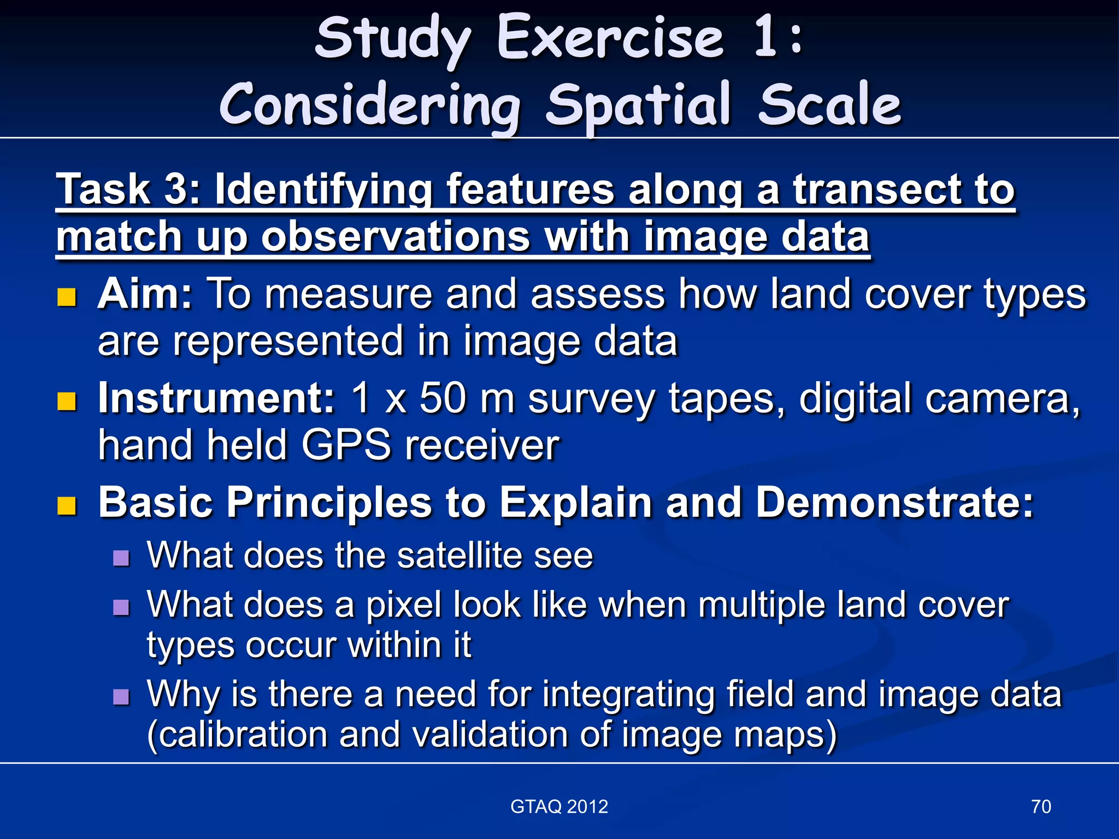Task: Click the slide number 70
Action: (1041, 807)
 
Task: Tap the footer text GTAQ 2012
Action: (559, 807)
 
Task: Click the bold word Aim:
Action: (145, 294)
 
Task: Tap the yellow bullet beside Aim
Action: (67, 297)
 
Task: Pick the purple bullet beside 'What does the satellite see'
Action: (121, 558)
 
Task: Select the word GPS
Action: (346, 445)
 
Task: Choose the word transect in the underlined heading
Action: (876, 189)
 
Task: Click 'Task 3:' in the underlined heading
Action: (128, 189)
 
